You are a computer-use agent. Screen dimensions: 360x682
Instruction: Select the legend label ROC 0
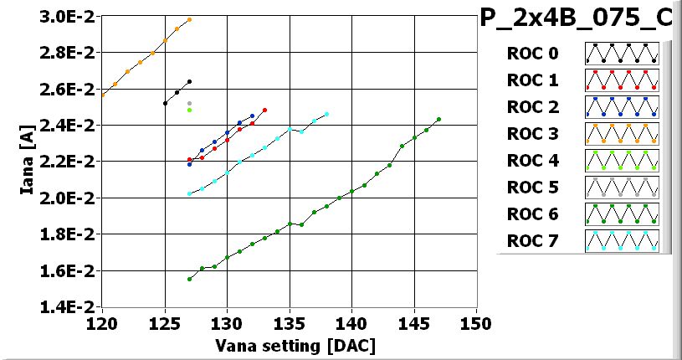coord(531,54)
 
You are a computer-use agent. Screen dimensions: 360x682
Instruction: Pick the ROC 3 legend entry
coord(531,134)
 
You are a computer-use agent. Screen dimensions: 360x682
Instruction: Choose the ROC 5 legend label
coord(531,188)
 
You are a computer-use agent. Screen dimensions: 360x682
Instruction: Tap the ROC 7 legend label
coord(531,242)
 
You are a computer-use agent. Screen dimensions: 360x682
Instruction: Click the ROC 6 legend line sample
coord(623,215)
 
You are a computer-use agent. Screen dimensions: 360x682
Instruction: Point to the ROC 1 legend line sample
coord(623,80)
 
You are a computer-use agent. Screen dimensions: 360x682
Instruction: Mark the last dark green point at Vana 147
coord(438,119)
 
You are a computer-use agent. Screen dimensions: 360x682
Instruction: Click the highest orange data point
coord(190,19)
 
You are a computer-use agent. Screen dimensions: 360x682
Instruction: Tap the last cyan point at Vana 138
coord(326,114)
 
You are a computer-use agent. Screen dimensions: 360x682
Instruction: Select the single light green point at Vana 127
coord(190,110)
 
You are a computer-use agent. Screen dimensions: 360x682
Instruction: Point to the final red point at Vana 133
coord(264,110)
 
